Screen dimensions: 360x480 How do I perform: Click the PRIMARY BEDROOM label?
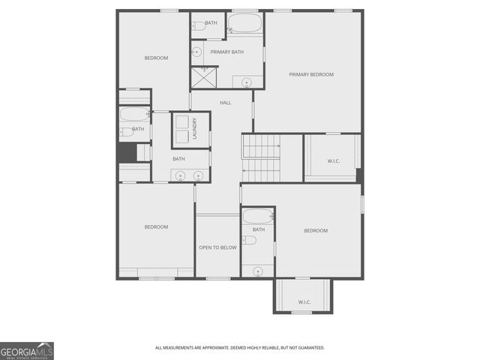[311, 74]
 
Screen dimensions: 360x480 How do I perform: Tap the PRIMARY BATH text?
[226, 52]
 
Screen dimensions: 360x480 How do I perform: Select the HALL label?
[225, 102]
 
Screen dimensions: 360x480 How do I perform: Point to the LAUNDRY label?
[194, 130]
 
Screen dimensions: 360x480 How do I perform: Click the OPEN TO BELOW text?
[217, 247]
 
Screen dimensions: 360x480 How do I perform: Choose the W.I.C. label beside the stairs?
[334, 160]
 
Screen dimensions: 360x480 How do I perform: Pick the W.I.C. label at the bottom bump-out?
[304, 302]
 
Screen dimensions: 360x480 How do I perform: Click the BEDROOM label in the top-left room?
[156, 58]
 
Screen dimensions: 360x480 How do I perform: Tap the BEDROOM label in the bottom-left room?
[156, 226]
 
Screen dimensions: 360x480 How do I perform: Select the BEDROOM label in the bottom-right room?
[316, 230]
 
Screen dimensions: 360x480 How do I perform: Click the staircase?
[260, 158]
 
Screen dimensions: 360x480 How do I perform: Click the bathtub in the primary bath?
[245, 24]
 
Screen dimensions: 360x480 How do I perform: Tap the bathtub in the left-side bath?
[136, 115]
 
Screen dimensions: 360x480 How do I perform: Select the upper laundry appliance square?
[182, 121]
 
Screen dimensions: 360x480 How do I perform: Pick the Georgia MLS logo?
[27, 351]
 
